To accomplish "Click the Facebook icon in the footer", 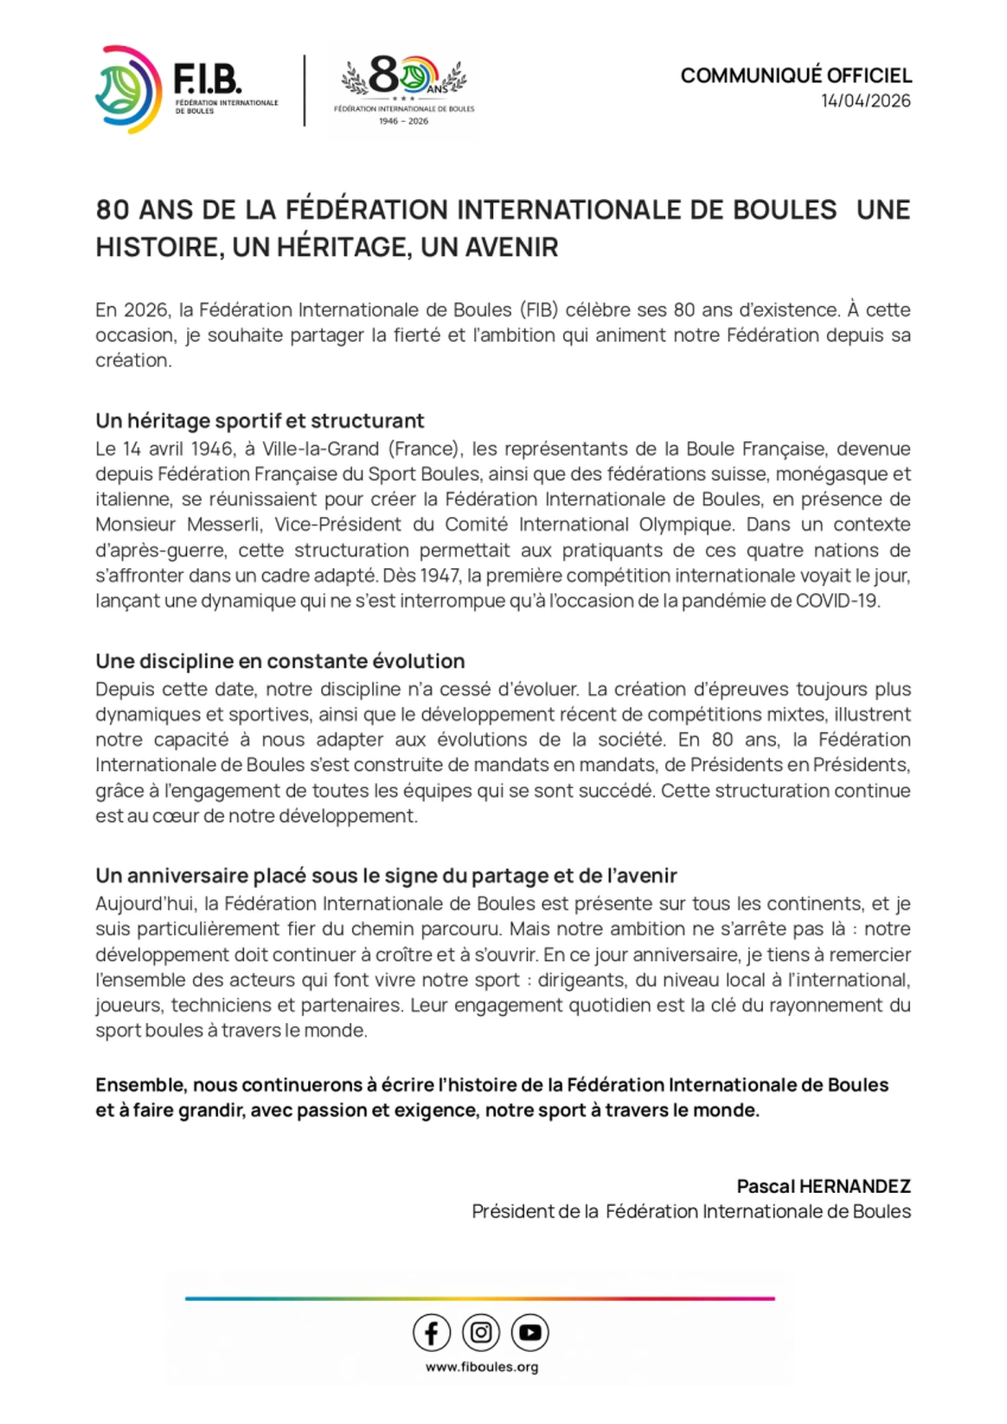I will pos(432,1332).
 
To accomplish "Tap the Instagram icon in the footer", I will pos(480,1332).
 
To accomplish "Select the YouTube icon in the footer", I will pos(530,1332).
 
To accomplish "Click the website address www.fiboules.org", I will pos(481,1367).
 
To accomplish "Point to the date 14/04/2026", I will pos(866,100).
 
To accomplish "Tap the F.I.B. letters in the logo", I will pos(207,80).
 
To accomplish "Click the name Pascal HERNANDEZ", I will pos(824,1186).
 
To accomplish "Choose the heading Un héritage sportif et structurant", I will pos(260,421).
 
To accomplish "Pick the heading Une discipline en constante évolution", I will pos(281,661).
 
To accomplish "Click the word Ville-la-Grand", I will pos(320,449).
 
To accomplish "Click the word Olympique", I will pos(686,525).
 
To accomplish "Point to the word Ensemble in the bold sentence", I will pos(141,1085).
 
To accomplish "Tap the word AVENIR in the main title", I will pos(489,247).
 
